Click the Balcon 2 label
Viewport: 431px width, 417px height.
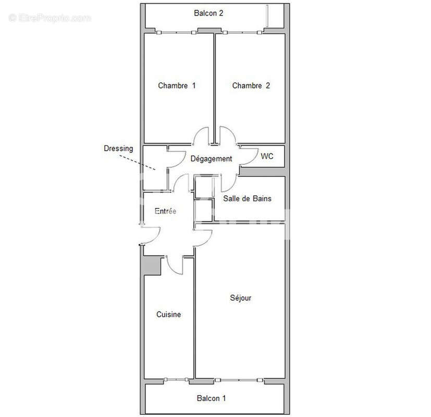[208, 14]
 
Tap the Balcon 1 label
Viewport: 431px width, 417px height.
[211, 399]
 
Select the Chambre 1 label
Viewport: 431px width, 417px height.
[177, 85]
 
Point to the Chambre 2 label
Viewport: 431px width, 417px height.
[251, 85]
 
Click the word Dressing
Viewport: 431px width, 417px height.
[118, 149]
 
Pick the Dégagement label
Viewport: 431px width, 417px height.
[211, 159]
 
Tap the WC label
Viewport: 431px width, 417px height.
[267, 156]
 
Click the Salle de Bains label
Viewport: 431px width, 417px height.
[247, 199]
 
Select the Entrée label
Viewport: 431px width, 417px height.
[165, 211]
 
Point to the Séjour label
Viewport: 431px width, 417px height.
[241, 298]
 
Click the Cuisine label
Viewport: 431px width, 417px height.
[169, 314]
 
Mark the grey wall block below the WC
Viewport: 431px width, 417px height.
[263, 171]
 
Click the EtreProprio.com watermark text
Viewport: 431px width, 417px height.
[50, 18]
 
